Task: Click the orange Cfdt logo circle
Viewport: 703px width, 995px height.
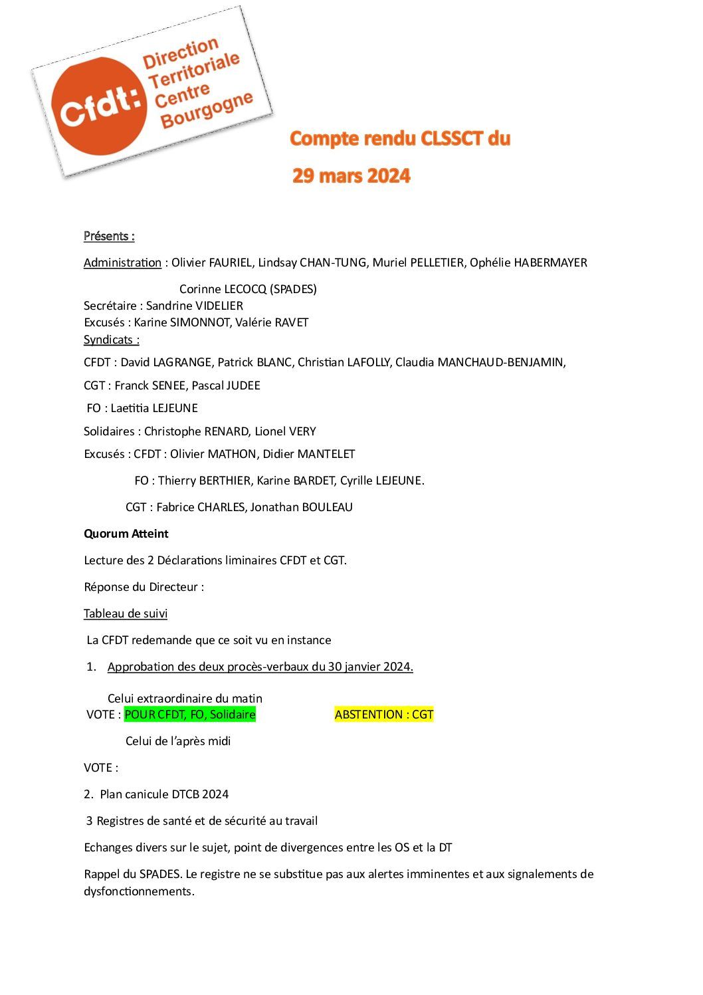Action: [100, 106]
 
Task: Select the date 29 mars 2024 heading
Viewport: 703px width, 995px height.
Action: [351, 176]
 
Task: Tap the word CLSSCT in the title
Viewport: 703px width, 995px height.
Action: [452, 138]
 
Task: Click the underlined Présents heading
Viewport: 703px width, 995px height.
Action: [109, 236]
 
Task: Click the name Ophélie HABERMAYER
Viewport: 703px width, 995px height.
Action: [528, 263]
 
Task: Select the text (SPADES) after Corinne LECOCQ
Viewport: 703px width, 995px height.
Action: [293, 289]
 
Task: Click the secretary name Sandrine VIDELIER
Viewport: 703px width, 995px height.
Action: [194, 306]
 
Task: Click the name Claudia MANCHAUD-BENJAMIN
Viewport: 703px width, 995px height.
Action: [479, 362]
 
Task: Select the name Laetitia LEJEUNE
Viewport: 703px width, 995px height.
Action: [154, 408]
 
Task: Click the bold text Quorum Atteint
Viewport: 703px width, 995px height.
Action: [126, 534]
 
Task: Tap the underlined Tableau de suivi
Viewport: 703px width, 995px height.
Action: [126, 613]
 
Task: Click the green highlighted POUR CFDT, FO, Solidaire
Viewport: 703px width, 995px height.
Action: [190, 715]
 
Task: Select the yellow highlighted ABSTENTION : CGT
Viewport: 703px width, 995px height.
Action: [384, 715]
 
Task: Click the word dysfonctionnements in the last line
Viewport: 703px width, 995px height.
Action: [138, 891]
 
